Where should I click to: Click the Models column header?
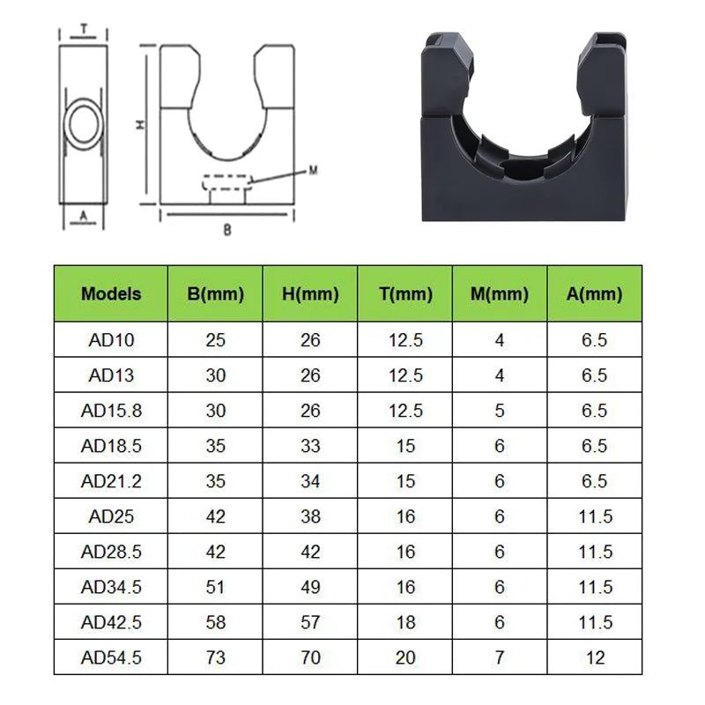click(x=111, y=293)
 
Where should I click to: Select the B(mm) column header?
click(x=215, y=293)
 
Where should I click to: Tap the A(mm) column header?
click(x=595, y=293)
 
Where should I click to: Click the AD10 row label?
click(x=111, y=340)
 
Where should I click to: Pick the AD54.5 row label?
click(x=111, y=657)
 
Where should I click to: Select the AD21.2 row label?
click(x=111, y=481)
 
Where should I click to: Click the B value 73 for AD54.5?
click(x=215, y=657)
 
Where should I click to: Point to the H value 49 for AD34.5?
click(x=310, y=587)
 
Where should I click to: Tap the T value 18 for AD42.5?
click(x=405, y=622)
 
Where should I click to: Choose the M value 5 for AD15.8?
click(x=500, y=411)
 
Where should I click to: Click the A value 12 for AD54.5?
click(x=595, y=657)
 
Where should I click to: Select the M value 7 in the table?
click(x=500, y=657)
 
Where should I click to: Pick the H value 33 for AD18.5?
click(x=310, y=446)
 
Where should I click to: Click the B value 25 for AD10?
click(x=215, y=340)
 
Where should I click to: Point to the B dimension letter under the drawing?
click(x=226, y=228)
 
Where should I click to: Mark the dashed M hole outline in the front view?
click(x=227, y=182)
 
